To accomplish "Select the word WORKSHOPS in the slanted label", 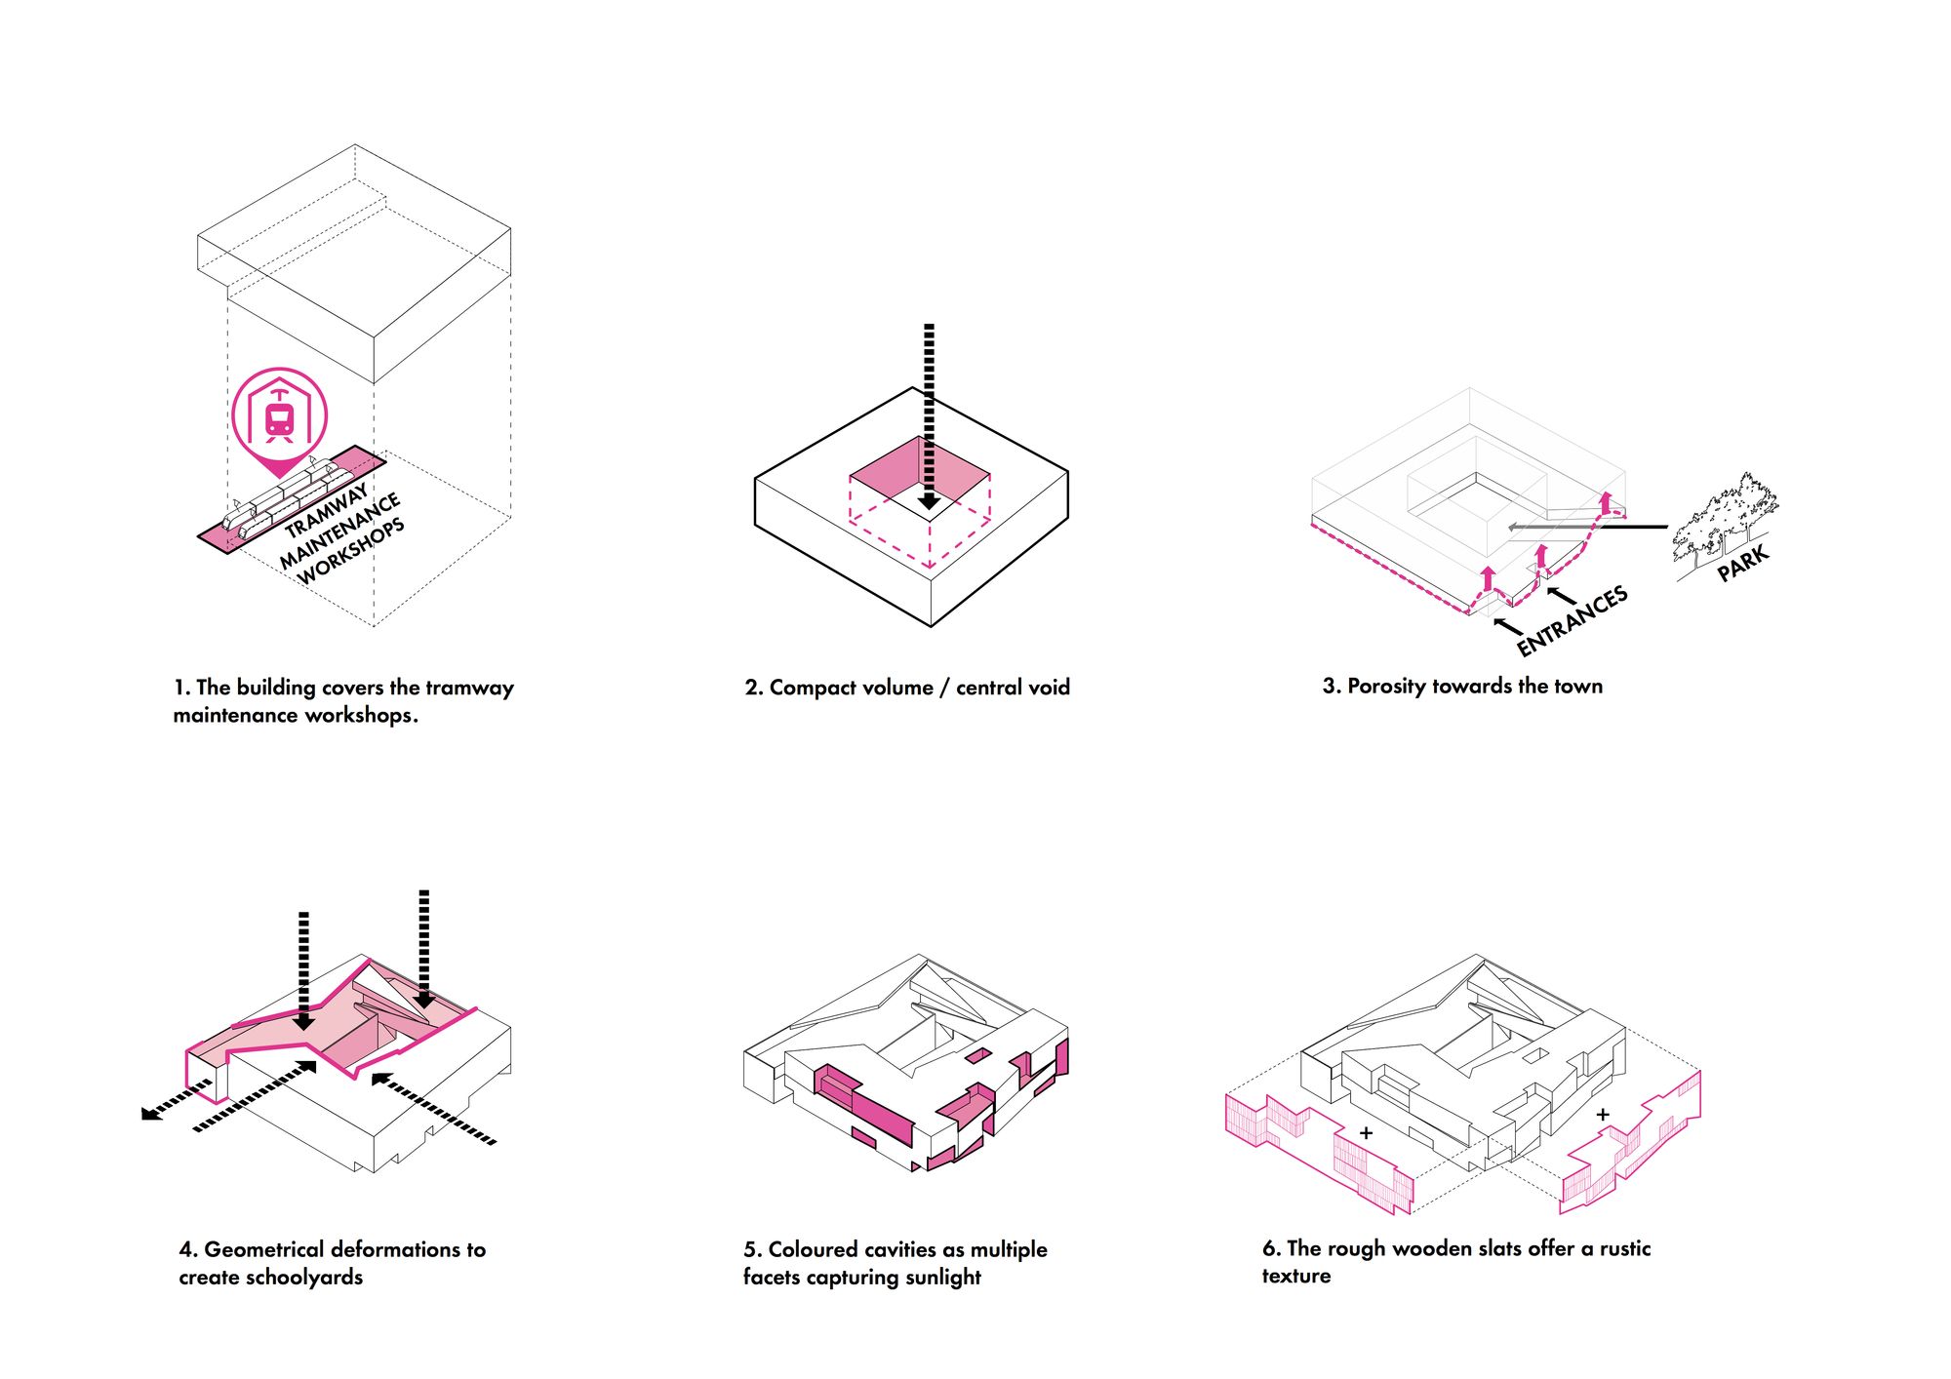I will [x=351, y=552].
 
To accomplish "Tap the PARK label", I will [x=1742, y=563].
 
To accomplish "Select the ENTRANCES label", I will [x=1572, y=620].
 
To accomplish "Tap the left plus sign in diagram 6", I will [x=1366, y=1133].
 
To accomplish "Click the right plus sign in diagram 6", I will [x=1603, y=1114].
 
